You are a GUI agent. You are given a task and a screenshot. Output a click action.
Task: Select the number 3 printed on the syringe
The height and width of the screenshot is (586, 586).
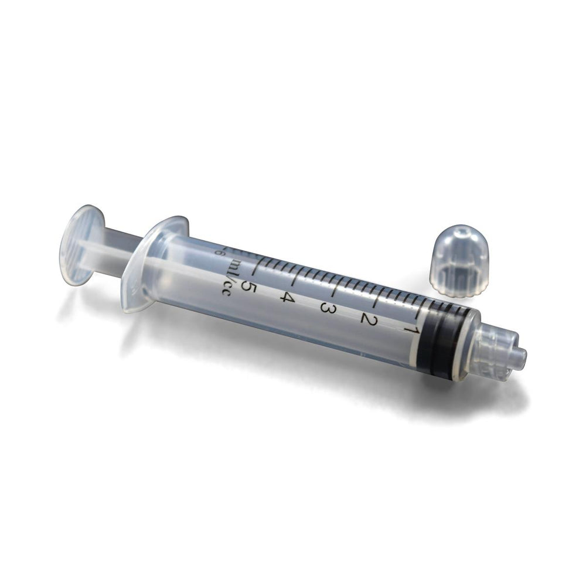point(328,308)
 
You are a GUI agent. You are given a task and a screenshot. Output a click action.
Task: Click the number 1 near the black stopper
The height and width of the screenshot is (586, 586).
point(408,329)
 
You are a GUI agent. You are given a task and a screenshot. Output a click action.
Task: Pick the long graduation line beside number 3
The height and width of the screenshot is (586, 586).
point(337,290)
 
